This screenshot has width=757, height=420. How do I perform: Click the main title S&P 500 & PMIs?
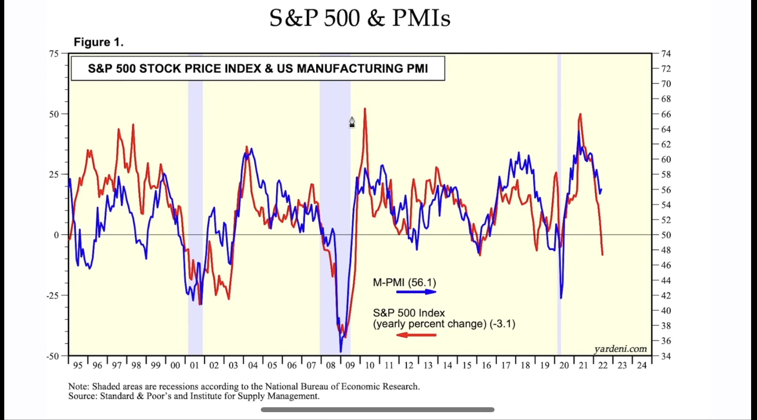pyautogui.click(x=360, y=18)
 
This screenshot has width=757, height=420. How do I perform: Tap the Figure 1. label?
pyautogui.click(x=99, y=42)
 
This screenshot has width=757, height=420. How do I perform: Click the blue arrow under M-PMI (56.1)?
pyautogui.click(x=416, y=292)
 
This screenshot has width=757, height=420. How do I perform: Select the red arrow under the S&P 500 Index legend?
pyautogui.click(x=416, y=335)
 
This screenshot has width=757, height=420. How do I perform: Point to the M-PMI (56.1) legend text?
pyautogui.click(x=404, y=282)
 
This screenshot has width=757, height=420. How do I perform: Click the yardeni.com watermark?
pyautogui.click(x=620, y=349)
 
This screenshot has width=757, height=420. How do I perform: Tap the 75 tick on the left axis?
pyautogui.click(x=54, y=54)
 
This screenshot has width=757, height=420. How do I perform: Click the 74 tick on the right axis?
pyautogui.click(x=666, y=54)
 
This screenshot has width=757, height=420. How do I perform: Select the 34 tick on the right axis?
pyautogui.click(x=666, y=356)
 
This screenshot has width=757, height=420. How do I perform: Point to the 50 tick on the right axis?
pyautogui.click(x=666, y=235)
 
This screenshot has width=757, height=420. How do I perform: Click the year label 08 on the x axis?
pyautogui.click(x=331, y=365)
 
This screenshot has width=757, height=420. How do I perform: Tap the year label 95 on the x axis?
pyautogui.click(x=78, y=365)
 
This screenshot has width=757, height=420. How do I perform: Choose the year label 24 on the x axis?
pyautogui.click(x=642, y=365)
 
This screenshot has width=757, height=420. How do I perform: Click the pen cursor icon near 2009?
pyautogui.click(x=352, y=122)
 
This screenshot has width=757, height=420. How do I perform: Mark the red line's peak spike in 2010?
pyautogui.click(x=365, y=109)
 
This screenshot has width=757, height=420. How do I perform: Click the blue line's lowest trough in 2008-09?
pyautogui.click(x=341, y=351)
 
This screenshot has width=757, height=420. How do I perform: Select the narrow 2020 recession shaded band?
pyautogui.click(x=559, y=203)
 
